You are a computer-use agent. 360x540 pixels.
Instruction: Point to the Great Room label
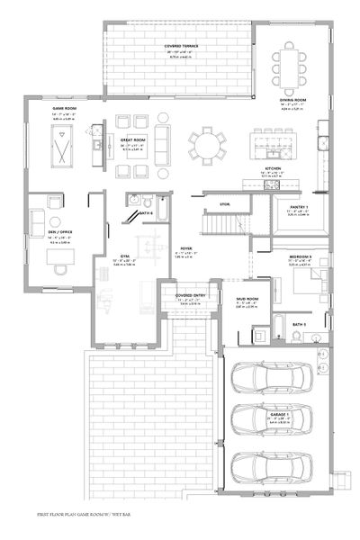click(x=134, y=139)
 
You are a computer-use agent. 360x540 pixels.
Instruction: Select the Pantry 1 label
click(x=299, y=207)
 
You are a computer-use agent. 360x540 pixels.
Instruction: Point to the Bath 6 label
click(x=147, y=213)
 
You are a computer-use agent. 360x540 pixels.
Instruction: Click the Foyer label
click(x=186, y=247)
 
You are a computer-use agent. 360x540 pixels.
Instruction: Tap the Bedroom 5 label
click(x=301, y=256)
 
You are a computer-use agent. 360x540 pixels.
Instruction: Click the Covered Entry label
click(x=188, y=294)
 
